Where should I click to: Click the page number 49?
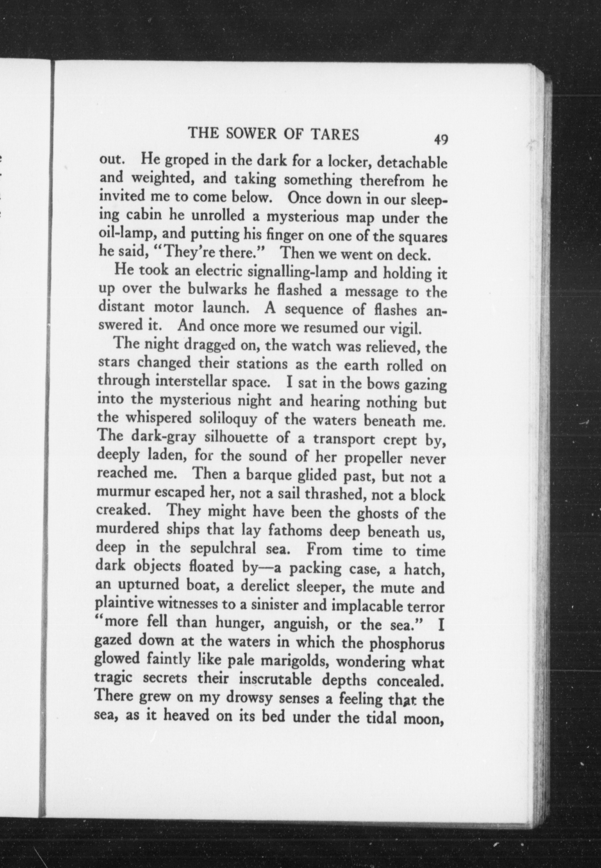440,140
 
